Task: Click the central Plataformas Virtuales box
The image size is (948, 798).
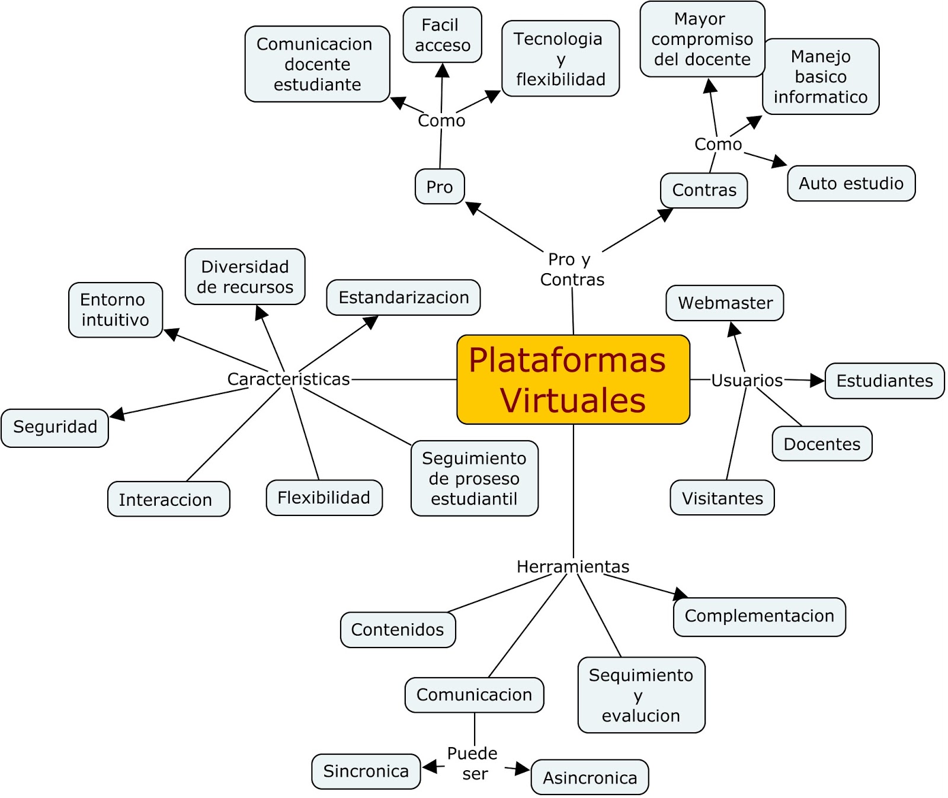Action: pyautogui.click(x=573, y=380)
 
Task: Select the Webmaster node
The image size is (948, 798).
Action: pyautogui.click(x=725, y=303)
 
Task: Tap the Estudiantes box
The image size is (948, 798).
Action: pyautogui.click(x=884, y=381)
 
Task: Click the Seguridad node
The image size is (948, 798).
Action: pyautogui.click(x=55, y=427)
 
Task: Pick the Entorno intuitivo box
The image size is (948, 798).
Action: pyautogui.click(x=115, y=310)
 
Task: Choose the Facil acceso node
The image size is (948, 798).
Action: pyautogui.click(x=442, y=35)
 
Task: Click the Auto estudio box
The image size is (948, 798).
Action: pyautogui.click(x=851, y=184)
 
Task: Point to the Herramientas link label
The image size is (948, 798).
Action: pyautogui.click(x=572, y=567)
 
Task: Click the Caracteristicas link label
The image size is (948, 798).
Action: pyautogui.click(x=289, y=379)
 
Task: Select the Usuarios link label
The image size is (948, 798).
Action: pyautogui.click(x=747, y=380)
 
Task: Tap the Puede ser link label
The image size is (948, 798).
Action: pyautogui.click(x=473, y=764)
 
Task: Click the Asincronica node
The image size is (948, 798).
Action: pyautogui.click(x=590, y=777)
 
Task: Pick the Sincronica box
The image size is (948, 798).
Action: pyautogui.click(x=366, y=771)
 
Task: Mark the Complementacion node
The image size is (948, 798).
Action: pyautogui.click(x=759, y=616)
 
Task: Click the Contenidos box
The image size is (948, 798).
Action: pyautogui.click(x=398, y=630)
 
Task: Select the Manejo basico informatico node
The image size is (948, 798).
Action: pyautogui.click(x=821, y=77)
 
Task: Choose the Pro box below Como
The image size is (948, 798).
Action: pyautogui.click(x=440, y=187)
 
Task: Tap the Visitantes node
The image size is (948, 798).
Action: pyautogui.click(x=722, y=498)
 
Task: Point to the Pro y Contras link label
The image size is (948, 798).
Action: pyautogui.click(x=571, y=270)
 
